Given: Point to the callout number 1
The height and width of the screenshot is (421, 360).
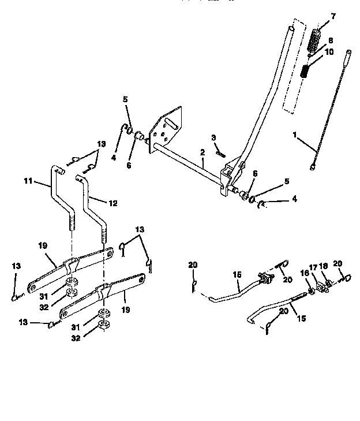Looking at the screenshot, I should coord(294,135).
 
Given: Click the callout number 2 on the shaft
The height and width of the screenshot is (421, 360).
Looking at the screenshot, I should coord(202,152).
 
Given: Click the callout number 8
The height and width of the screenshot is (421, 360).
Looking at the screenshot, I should coord(330,40).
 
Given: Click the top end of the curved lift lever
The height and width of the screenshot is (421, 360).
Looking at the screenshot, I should coord(292,29).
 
